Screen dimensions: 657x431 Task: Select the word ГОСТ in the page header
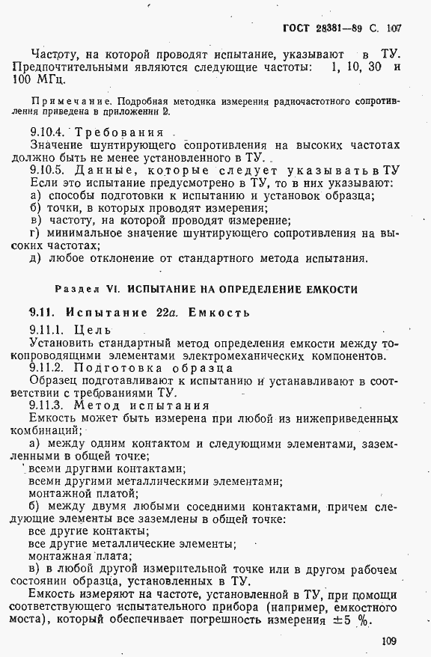(x=297, y=30)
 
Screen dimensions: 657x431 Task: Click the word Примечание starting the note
(x=67, y=100)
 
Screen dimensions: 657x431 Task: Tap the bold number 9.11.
(x=42, y=312)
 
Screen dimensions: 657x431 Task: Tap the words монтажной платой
(x=83, y=494)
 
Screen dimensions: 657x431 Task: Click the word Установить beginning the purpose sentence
(x=64, y=343)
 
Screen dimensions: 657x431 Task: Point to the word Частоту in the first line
(x=56, y=54)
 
